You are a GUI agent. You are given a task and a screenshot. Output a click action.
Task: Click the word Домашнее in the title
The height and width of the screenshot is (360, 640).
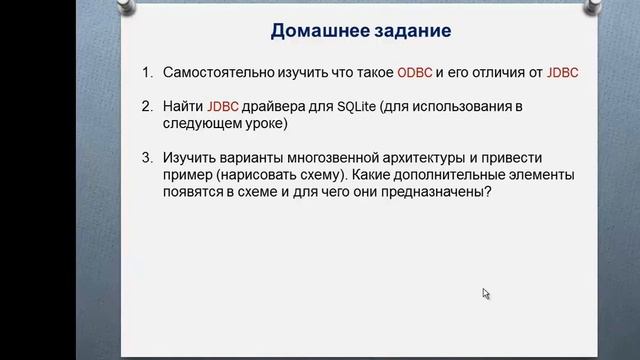click(318, 31)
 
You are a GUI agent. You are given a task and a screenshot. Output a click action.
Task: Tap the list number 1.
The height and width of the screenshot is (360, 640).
click(146, 74)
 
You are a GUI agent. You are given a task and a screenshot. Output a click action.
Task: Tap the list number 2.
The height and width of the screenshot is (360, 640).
click(146, 107)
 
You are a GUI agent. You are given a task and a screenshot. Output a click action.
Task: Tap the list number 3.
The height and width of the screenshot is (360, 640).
click(146, 157)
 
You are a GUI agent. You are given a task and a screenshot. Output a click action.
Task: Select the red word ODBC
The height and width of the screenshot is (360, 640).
click(414, 74)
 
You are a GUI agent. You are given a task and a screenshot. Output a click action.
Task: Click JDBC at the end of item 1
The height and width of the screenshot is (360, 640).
click(563, 74)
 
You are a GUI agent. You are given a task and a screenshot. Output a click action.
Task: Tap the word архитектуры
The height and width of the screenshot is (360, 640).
click(455, 157)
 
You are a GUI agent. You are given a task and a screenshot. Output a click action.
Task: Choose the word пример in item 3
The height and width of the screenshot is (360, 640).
click(189, 174)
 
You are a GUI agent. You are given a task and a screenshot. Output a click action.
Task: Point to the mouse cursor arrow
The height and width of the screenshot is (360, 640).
click(485, 294)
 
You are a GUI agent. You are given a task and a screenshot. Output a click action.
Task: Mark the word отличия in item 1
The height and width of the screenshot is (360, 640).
click(502, 74)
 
